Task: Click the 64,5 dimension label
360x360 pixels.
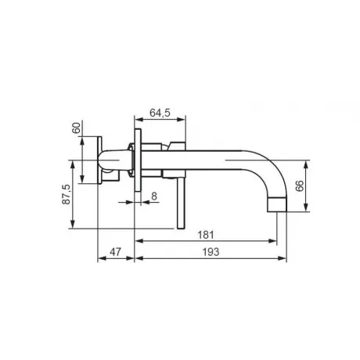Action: pyautogui.click(x=160, y=113)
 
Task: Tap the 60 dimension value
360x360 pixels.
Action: pyautogui.click(x=76, y=128)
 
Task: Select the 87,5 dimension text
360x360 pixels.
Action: pyautogui.click(x=67, y=194)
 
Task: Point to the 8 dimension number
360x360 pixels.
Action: pyautogui.click(x=154, y=196)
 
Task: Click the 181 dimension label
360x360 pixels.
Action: pyautogui.click(x=206, y=235)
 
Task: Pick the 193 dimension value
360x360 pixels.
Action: pyautogui.click(x=211, y=252)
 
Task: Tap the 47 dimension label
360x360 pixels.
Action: pyautogui.click(x=115, y=252)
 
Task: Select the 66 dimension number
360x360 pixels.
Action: pyautogui.click(x=300, y=185)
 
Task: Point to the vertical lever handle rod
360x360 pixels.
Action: pyautogui.click(x=181, y=203)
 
